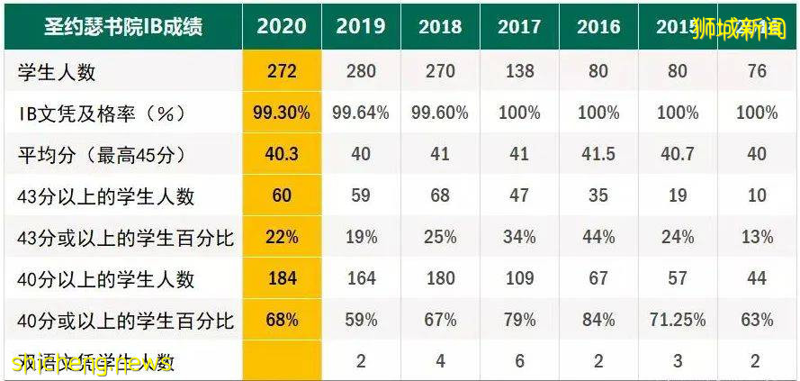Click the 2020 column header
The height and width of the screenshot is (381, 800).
click(x=282, y=26)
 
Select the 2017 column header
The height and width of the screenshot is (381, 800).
click(x=519, y=26)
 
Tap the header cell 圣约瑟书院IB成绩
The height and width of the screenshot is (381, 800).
click(x=123, y=26)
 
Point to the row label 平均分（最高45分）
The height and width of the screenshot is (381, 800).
click(x=103, y=154)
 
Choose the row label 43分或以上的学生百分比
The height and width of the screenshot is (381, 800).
click(x=126, y=238)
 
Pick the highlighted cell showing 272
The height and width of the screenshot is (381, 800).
click(x=282, y=70)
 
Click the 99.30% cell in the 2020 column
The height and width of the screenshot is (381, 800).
click(x=282, y=113)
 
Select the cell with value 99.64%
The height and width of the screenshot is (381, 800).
click(x=361, y=113)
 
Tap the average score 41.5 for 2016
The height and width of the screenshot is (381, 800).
click(x=598, y=154)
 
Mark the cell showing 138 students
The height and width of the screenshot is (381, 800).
click(x=519, y=70)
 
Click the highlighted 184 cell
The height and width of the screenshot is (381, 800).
click(x=282, y=279)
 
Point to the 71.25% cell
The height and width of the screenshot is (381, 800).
click(x=677, y=321)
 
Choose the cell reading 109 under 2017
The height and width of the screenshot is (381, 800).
click(x=519, y=279)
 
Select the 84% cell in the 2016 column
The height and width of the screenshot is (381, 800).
click(x=598, y=321)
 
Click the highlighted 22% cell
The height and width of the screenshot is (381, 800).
click(x=282, y=238)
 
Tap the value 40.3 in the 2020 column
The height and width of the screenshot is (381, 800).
click(x=282, y=154)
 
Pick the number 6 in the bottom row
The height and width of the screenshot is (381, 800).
click(x=519, y=362)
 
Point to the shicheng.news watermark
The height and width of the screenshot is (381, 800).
click(x=90, y=364)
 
